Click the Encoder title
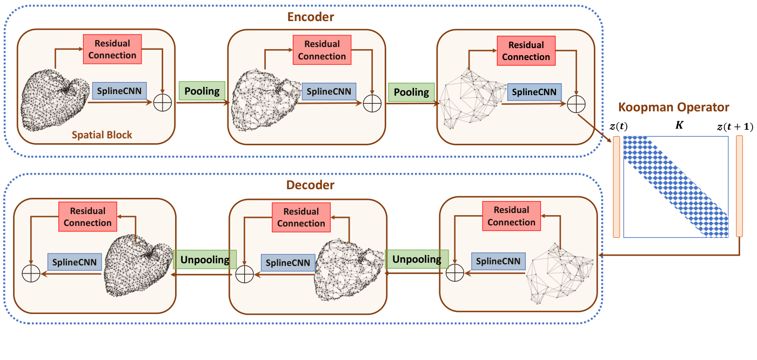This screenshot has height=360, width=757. [311, 17]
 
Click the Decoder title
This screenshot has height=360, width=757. [310, 185]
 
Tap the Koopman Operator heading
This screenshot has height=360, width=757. [674, 107]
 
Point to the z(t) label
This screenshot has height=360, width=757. [619, 126]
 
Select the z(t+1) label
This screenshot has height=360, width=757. [735, 127]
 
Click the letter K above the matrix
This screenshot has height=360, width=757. [679, 125]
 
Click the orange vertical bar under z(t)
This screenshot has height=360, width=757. [617, 187]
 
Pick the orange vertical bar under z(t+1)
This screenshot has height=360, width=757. [739, 186]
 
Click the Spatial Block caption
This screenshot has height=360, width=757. [102, 135]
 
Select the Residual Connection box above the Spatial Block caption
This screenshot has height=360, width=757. [112, 49]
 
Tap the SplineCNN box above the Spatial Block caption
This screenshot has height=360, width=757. [119, 91]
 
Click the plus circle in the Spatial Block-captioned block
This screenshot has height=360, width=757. [163, 103]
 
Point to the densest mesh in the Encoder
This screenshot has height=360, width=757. [54, 101]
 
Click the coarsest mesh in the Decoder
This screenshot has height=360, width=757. [559, 273]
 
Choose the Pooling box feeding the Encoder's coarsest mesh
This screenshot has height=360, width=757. [411, 92]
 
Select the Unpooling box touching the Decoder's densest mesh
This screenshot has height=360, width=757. [205, 259]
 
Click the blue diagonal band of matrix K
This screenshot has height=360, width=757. [676, 186]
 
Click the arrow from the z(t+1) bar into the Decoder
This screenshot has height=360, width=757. [669, 255]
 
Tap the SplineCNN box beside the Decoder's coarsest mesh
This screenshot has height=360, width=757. [498, 261]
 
